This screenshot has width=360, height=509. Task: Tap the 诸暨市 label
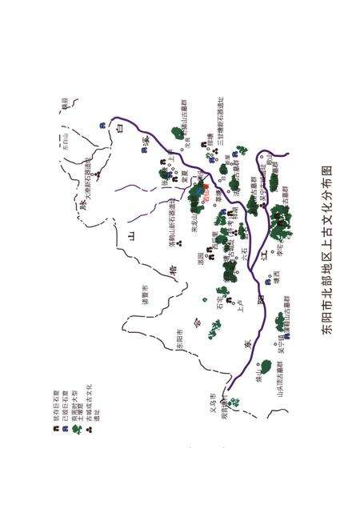(145, 297)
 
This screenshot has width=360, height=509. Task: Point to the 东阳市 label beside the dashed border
(180, 343)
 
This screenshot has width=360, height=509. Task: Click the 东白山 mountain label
(67, 147)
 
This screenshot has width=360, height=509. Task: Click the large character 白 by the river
(120, 128)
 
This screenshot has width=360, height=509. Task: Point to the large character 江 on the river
(265, 255)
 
